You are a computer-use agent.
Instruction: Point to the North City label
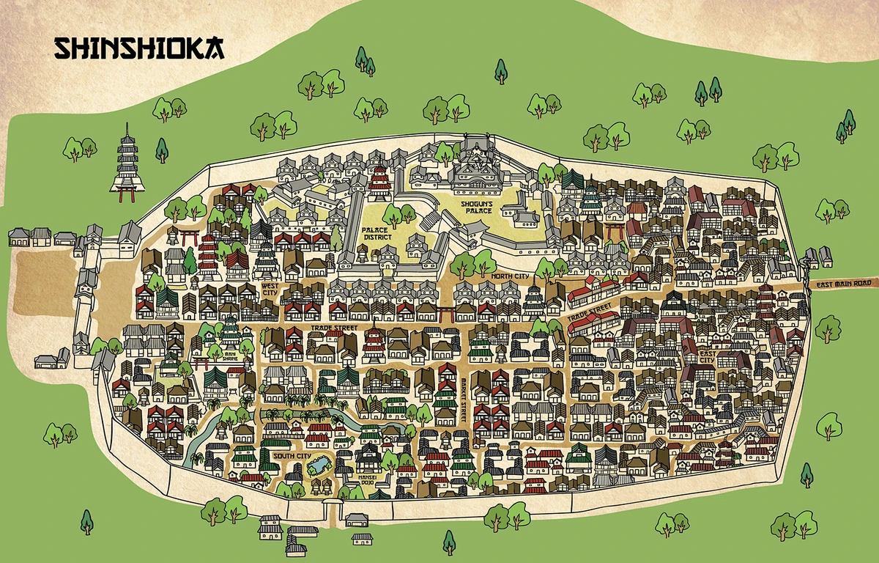511,276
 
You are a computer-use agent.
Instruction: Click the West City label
270,288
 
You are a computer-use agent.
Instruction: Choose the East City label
708,356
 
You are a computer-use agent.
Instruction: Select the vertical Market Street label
464,400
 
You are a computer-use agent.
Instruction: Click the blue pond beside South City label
322,466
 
